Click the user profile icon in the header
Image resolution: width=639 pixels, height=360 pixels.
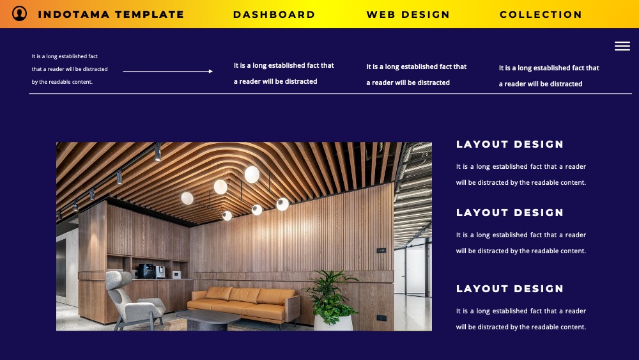tap(19, 13)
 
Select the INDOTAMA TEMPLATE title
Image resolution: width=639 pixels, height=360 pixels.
tap(111, 15)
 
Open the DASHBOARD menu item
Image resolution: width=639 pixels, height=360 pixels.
tap(274, 15)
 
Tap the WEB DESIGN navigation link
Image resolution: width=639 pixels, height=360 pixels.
tap(408, 15)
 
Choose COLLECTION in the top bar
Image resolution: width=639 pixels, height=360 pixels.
tap(541, 15)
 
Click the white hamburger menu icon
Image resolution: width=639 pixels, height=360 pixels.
tap(622, 46)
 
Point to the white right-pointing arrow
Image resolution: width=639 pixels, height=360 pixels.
tap(168, 72)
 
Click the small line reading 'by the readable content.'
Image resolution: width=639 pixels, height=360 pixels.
tap(62, 82)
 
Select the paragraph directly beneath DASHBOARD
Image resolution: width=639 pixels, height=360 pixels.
tap(284, 74)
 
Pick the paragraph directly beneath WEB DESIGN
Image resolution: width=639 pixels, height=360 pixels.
tap(416, 75)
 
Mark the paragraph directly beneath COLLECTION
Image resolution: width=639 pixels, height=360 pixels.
tap(549, 76)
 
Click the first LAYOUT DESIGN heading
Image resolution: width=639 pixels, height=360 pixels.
tap(510, 145)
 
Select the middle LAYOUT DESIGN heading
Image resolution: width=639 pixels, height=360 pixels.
tap(510, 213)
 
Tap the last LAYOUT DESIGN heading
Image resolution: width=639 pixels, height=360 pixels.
tap(510, 289)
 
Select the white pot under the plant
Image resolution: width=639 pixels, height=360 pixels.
tap(333, 323)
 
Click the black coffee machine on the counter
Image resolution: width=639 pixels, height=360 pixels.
tap(146, 271)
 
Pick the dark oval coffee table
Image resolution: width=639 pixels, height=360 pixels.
tap(208, 319)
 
